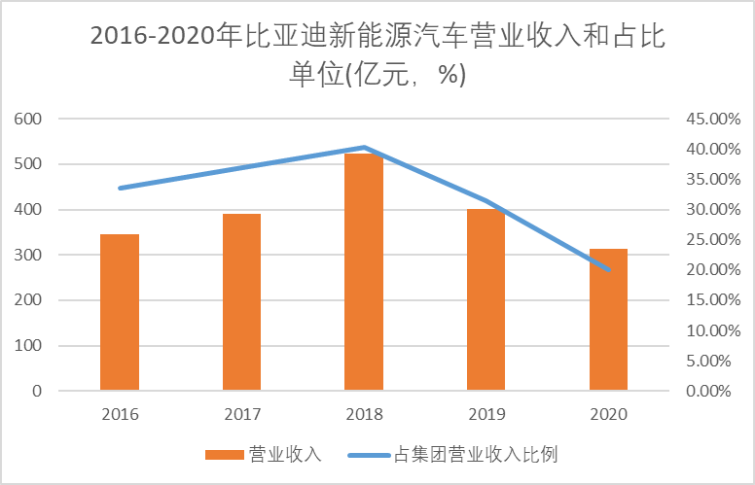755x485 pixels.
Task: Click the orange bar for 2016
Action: point(120,312)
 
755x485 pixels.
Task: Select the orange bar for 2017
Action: point(241,302)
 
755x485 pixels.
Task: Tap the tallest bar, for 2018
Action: point(364,272)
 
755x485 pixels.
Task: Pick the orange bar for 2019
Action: point(485,299)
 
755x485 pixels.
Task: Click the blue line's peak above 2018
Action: point(364,148)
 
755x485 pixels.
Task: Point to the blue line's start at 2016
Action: point(120,188)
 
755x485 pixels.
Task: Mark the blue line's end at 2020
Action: point(608,269)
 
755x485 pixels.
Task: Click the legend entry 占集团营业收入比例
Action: point(477,454)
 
